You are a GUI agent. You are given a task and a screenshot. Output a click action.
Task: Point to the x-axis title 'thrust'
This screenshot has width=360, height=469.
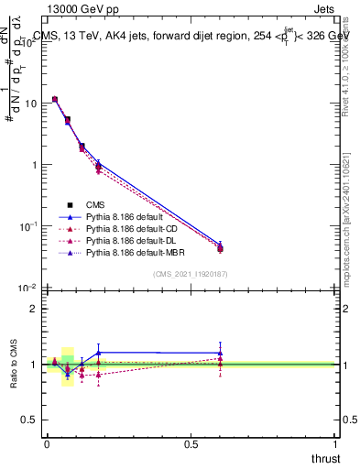click(324, 458)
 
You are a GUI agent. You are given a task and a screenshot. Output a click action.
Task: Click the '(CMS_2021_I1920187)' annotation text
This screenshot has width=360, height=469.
click(191, 275)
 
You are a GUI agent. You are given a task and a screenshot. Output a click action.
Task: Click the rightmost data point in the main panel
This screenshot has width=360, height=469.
click(220, 247)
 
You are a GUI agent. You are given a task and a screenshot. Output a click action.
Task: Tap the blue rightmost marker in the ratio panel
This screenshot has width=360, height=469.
click(220, 353)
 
